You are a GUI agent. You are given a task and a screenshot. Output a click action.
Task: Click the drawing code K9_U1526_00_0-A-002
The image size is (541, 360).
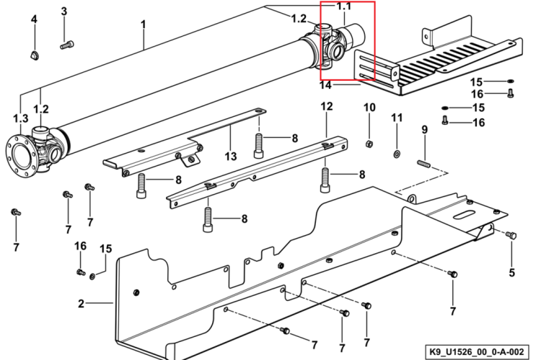(477, 352)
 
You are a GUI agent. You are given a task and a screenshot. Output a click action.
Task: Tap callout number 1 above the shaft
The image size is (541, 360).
(144, 25)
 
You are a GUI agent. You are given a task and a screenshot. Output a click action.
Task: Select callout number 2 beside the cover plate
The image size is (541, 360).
(81, 304)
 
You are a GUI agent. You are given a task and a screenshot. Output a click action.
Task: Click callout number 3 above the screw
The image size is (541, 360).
(63, 12)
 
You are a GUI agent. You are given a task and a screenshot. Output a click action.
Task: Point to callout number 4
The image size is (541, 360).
(34, 19)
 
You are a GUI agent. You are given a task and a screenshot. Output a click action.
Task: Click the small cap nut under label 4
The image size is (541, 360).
(34, 55)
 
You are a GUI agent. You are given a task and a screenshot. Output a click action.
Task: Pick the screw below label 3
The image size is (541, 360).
(67, 45)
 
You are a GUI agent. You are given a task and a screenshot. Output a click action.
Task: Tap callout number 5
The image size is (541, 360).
(511, 273)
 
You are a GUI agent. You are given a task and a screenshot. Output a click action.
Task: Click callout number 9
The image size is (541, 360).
(424, 130)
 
